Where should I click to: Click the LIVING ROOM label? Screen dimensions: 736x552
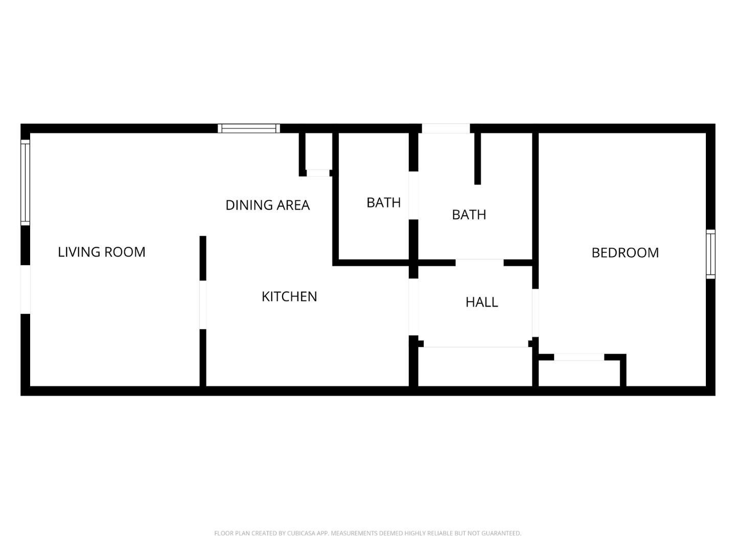pyautogui.click(x=102, y=252)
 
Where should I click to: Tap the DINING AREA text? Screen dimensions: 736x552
pyautogui.click(x=268, y=205)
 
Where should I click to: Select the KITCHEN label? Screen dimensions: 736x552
pyautogui.click(x=289, y=296)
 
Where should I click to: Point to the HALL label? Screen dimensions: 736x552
pyautogui.click(x=481, y=302)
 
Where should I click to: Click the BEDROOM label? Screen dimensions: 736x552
pyautogui.click(x=625, y=252)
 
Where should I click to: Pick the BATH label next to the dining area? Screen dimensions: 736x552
pyautogui.click(x=384, y=203)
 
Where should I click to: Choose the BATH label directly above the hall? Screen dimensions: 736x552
pyautogui.click(x=469, y=215)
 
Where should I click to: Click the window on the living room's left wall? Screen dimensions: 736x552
pyautogui.click(x=26, y=182)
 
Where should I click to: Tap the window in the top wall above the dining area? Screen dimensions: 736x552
pyautogui.click(x=249, y=128)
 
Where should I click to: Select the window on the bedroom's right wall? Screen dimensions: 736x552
pyautogui.click(x=710, y=254)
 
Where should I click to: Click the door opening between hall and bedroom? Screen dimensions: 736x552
pyautogui.click(x=536, y=313)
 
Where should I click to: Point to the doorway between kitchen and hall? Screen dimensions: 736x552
pyautogui.click(x=413, y=307)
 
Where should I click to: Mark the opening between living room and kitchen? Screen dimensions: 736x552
pyautogui.click(x=203, y=305)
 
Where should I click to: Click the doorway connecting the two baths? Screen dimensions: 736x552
pyautogui.click(x=413, y=195)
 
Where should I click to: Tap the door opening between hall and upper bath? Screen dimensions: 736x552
pyautogui.click(x=479, y=262)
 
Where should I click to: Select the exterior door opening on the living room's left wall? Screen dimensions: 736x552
pyautogui.click(x=26, y=290)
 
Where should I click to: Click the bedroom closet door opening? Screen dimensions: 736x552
pyautogui.click(x=579, y=357)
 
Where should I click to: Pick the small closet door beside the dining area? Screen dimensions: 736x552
pyautogui.click(x=318, y=173)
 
